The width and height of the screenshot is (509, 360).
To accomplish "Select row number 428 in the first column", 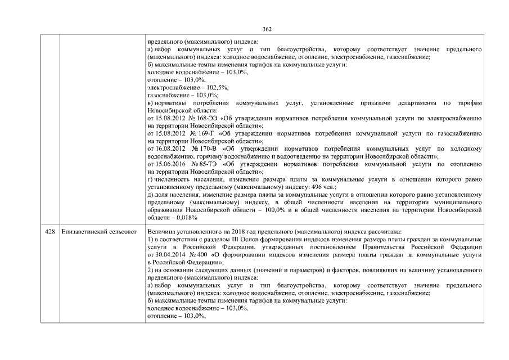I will pos(50,231).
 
